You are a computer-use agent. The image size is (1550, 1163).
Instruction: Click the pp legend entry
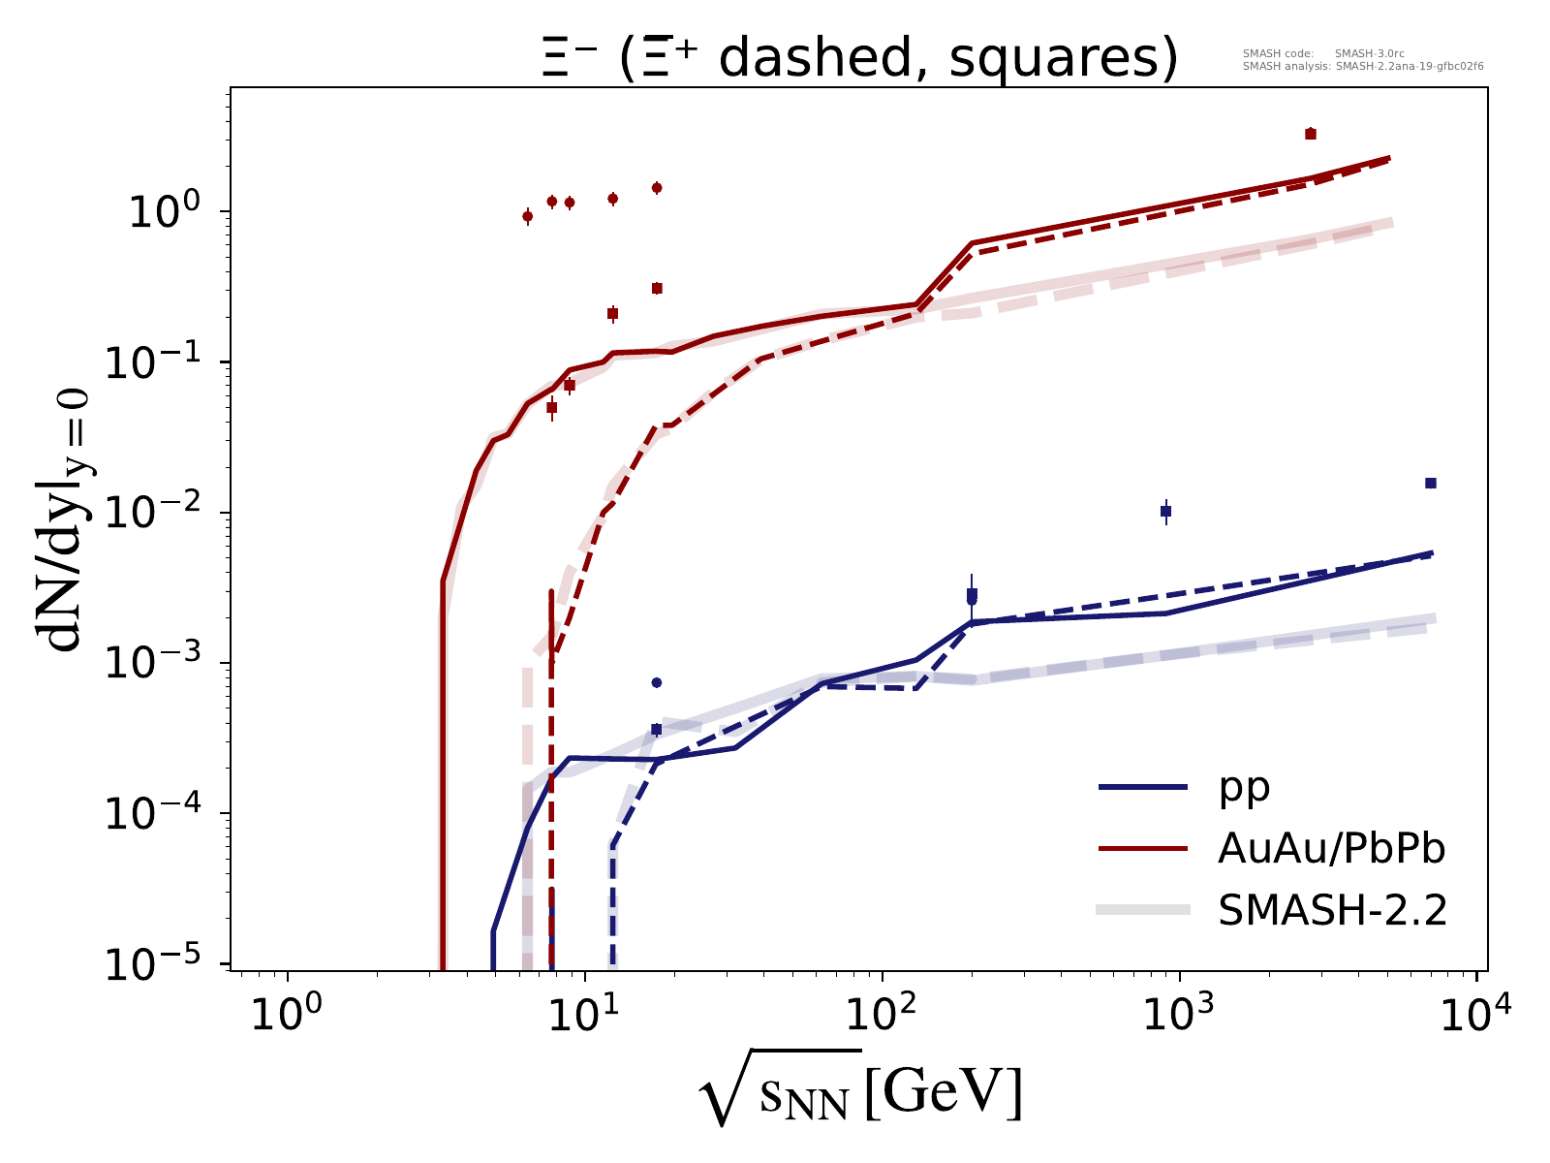pyautogui.click(x=1245, y=787)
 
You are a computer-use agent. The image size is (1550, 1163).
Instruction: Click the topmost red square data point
pyautogui.click(x=1311, y=134)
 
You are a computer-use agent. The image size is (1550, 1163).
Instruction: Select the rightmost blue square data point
pyautogui.click(x=1431, y=483)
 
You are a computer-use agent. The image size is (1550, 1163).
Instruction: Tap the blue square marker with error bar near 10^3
pyautogui.click(x=1166, y=511)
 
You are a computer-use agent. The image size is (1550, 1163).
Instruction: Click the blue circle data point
pyautogui.click(x=656, y=682)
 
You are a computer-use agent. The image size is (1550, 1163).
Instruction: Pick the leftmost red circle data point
pyautogui.click(x=527, y=216)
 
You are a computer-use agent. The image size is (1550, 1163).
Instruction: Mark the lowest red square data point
pyautogui.click(x=551, y=407)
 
